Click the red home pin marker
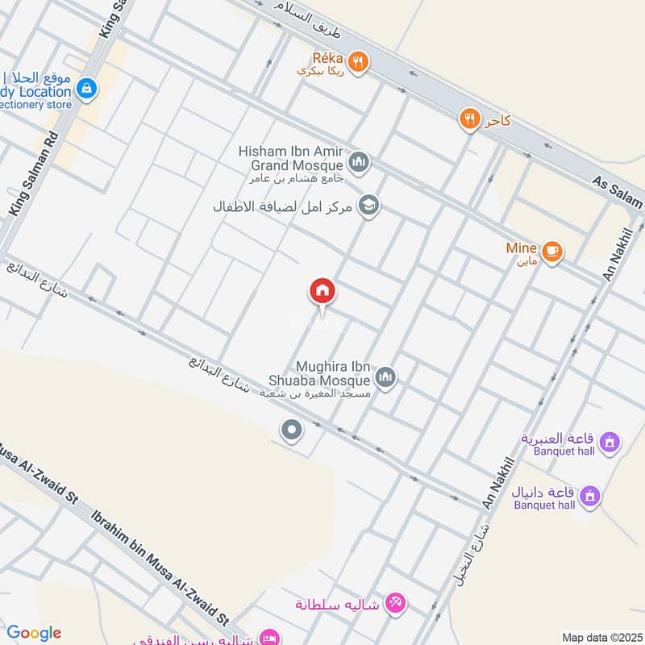coord(322,291)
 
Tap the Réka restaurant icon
coord(358,62)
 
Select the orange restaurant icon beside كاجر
coord(469,120)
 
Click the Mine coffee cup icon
coord(551,251)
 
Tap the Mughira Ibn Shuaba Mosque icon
coord(386,377)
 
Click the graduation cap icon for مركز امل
coord(369,206)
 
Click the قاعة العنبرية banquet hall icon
coord(610,442)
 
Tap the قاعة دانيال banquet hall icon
coord(590,495)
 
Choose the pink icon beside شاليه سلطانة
coord(395,602)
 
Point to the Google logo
coord(34,633)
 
